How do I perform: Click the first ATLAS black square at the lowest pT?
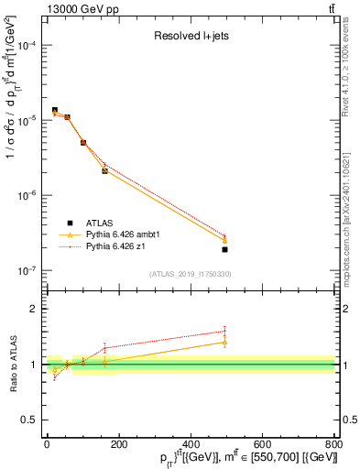pyautogui.click(x=54, y=110)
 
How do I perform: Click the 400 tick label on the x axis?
pyautogui.click(x=191, y=446)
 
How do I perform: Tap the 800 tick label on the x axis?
pyautogui.click(x=333, y=446)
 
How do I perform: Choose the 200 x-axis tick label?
pyautogui.click(x=119, y=446)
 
